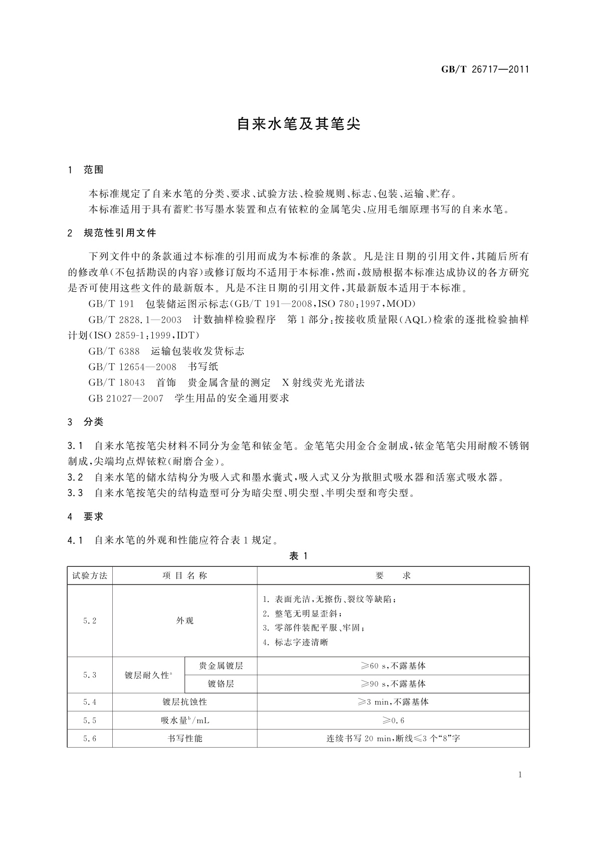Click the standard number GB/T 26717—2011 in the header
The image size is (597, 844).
pyautogui.click(x=485, y=70)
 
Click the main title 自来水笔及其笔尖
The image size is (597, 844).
pyautogui.click(x=298, y=124)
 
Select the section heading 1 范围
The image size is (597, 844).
pyautogui.click(x=86, y=170)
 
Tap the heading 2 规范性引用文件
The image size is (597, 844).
pyautogui.click(x=112, y=233)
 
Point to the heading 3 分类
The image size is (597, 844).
pyautogui.click(x=86, y=422)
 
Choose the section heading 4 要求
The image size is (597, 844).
pyautogui.click(x=86, y=517)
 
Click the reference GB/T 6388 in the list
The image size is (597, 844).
pyautogui.click(x=114, y=351)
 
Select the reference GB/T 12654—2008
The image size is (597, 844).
pyautogui.click(x=132, y=367)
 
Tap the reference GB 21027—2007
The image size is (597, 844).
pyautogui.click(x=126, y=398)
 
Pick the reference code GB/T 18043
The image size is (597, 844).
pyautogui.click(x=116, y=383)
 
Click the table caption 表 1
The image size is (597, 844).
pyautogui.click(x=298, y=556)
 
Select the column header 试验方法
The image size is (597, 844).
pyautogui.click(x=90, y=576)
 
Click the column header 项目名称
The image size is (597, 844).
pyautogui.click(x=184, y=576)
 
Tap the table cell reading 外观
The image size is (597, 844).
pyautogui.click(x=184, y=620)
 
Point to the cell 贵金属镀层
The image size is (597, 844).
pyautogui.click(x=221, y=666)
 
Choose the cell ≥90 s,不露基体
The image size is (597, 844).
pyautogui.click(x=393, y=684)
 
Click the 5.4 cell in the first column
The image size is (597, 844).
pyautogui.click(x=90, y=702)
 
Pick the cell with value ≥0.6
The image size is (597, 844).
pyautogui.click(x=393, y=721)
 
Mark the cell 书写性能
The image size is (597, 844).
pyautogui.click(x=184, y=738)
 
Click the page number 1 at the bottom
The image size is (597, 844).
pyautogui.click(x=520, y=775)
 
